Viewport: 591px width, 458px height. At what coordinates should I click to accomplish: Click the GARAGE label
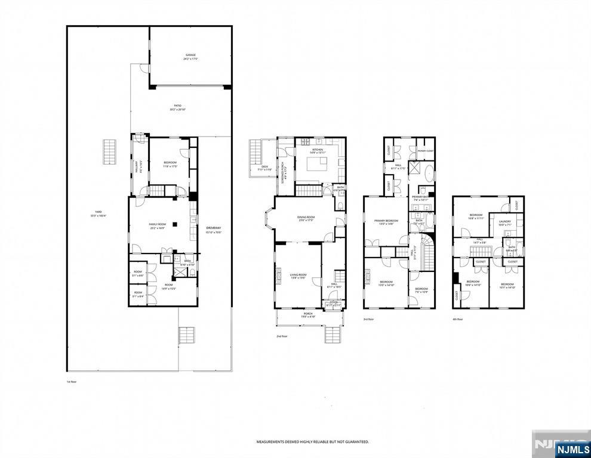pos(190,55)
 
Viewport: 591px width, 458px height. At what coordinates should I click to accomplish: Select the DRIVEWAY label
pos(213,228)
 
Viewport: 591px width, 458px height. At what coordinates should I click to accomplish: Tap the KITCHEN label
pos(318,150)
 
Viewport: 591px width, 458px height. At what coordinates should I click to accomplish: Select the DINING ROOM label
pos(306,217)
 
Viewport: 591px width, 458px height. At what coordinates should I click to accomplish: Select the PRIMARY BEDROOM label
pos(386,221)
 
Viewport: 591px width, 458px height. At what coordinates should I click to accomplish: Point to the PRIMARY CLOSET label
pos(426,151)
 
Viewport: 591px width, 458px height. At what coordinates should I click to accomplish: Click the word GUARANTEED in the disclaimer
pos(356,442)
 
